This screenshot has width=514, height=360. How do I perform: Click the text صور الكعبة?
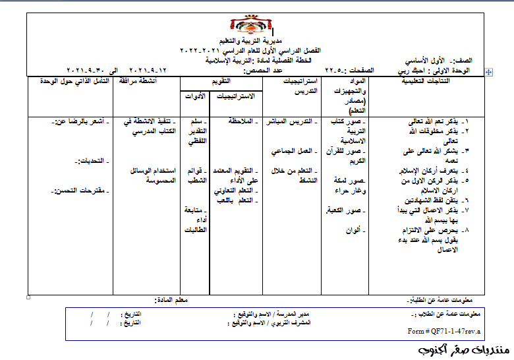pyautogui.click(x=344, y=211)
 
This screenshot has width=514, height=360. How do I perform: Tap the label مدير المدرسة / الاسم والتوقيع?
pyautogui.click(x=269, y=315)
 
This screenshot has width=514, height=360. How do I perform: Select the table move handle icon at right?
pyautogui.click(x=488, y=70)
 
